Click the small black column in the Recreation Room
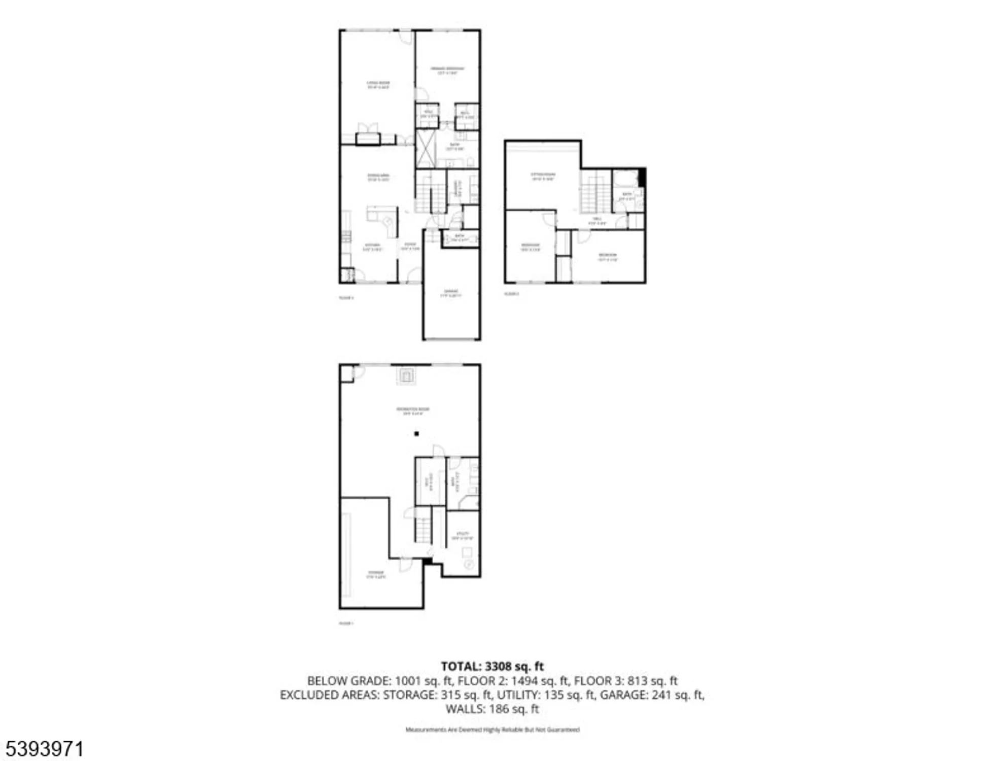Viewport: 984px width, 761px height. point(416,434)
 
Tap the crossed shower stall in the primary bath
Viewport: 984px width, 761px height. point(426,149)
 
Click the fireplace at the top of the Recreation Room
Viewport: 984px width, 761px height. point(406,376)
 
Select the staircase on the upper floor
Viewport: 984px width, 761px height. point(595,192)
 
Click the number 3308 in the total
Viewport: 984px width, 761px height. point(499,666)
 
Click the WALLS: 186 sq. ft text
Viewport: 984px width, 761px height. point(492,709)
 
